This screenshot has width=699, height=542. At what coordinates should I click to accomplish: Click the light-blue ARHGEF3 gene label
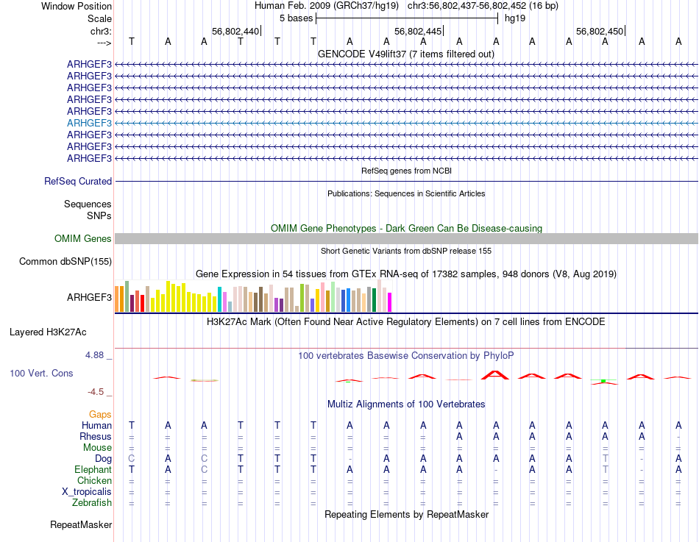tap(89, 123)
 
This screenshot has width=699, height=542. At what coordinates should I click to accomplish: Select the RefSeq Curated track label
tap(78, 181)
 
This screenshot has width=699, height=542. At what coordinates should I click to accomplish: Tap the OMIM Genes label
tap(83, 238)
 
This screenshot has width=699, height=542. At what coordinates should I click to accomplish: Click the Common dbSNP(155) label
tap(65, 261)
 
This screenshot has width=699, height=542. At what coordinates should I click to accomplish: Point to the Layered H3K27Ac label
tap(60, 332)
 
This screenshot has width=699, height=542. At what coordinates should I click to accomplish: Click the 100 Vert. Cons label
tap(41, 374)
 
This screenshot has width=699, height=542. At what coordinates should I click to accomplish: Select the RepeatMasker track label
tap(81, 525)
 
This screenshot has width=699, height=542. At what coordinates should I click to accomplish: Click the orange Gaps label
tap(100, 415)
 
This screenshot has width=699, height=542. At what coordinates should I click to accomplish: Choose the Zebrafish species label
tap(92, 503)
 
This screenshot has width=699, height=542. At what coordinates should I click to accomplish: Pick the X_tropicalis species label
tap(87, 492)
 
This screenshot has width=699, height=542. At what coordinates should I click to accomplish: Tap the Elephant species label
tap(93, 470)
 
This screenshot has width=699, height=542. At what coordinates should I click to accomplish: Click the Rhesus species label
tap(96, 437)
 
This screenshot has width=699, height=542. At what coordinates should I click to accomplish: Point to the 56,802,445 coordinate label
tap(418, 32)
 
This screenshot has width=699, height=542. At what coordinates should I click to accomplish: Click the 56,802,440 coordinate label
tap(235, 32)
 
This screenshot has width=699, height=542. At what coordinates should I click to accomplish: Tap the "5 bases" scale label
tap(296, 18)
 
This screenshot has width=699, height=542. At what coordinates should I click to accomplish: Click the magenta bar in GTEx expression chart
tap(390, 302)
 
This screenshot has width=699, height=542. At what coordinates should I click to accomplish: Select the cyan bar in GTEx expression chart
tap(219, 299)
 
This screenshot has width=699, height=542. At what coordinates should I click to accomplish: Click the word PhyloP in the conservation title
tap(499, 356)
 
